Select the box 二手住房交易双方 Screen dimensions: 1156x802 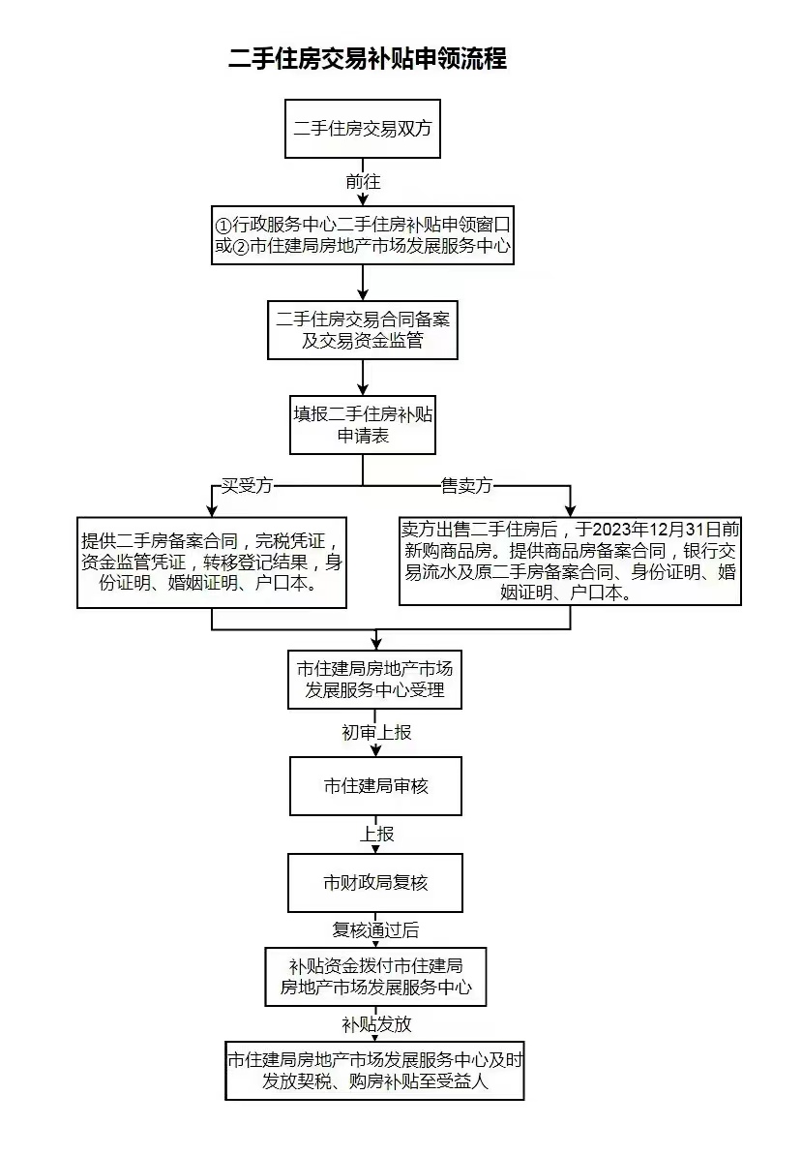362,129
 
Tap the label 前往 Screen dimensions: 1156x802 363,181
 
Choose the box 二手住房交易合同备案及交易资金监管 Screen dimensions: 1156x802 362,329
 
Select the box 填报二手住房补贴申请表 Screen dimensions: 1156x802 362,424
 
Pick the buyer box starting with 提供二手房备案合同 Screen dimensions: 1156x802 212,563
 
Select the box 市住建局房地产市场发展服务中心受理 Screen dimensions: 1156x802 376,679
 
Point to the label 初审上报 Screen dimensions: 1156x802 376,733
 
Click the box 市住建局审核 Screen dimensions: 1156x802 376,786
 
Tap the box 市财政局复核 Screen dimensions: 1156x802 376,882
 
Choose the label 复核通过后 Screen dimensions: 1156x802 376,930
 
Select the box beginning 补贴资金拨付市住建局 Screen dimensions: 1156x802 376,977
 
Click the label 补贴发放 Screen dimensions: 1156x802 376,1024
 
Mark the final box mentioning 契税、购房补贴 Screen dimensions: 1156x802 375,1071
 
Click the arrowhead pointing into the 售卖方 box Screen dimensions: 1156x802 571,509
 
